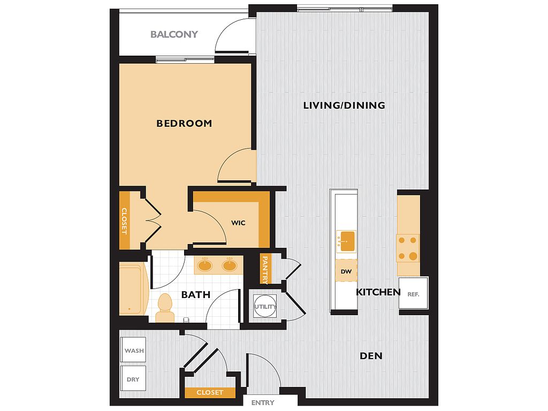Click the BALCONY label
coord(174,34)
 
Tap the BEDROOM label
coord(184,124)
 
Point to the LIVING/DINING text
coord(344,105)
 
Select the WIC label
coord(238,223)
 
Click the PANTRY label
coord(265,269)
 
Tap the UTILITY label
coord(265,307)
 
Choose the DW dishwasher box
coord(346,271)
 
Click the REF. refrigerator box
coord(414,293)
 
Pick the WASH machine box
coord(133,350)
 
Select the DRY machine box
coord(133,379)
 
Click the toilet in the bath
coord(165,308)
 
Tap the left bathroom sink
coord(205,265)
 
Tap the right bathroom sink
coord(230,265)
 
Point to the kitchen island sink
coord(346,241)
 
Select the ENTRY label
coord(263,403)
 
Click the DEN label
coord(371,356)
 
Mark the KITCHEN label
coord(378,292)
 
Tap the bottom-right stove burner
coord(413,256)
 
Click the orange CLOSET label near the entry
coord(210,392)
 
